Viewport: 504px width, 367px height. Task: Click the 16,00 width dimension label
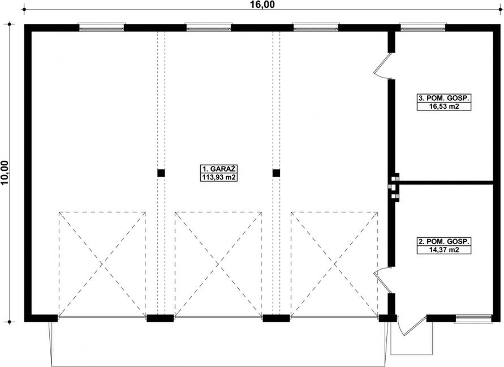click(262, 5)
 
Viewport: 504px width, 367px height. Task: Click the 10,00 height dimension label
click(5, 173)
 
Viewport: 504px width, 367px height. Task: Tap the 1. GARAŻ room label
click(219, 169)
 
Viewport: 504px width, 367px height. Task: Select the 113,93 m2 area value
click(219, 177)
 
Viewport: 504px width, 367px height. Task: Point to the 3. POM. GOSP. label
click(444, 98)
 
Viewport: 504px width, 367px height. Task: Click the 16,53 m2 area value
click(444, 106)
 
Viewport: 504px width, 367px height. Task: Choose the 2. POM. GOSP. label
click(444, 241)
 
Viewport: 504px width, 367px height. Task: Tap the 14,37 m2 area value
click(444, 250)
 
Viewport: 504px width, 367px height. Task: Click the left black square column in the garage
click(161, 173)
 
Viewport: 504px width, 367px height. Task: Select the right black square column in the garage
click(276, 173)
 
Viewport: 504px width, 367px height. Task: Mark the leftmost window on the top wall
click(102, 27)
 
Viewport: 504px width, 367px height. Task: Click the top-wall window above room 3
click(423, 27)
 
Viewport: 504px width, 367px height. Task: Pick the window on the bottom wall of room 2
click(474, 318)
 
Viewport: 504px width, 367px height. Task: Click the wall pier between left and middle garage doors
click(161, 318)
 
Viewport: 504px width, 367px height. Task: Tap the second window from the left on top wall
click(209, 27)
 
